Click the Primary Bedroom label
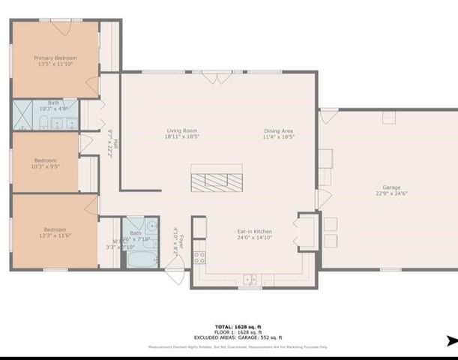(55, 58)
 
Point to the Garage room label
(391, 187)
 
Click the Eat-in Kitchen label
(255, 232)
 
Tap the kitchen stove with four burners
(200, 256)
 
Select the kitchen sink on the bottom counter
(250, 280)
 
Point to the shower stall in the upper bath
(22, 115)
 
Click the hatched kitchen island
(216, 181)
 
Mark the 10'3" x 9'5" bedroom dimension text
(46, 166)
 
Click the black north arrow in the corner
(451, 340)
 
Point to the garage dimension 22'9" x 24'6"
(391, 193)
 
